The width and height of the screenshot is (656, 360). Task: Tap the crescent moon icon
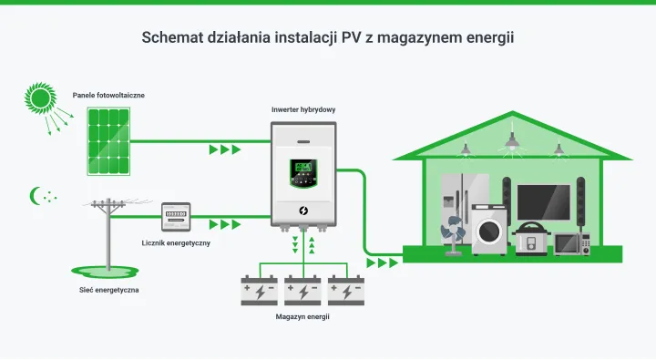tap(36, 195)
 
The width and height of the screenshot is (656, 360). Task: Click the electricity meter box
tap(179, 219)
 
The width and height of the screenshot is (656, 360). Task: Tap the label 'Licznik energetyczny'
tap(177, 243)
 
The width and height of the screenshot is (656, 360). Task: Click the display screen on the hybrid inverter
tap(303, 170)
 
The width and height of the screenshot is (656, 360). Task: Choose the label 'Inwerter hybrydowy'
tap(303, 109)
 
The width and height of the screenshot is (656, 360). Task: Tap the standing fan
tap(453, 234)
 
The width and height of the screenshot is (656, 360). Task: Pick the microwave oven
tap(572, 242)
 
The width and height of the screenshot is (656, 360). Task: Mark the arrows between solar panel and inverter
tap(225, 149)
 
